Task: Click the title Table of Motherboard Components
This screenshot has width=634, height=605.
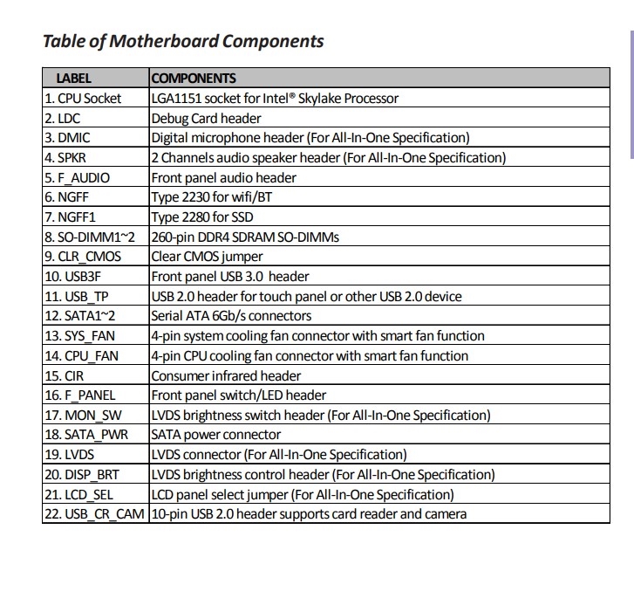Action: tap(183, 41)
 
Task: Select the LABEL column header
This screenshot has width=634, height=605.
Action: tap(73, 78)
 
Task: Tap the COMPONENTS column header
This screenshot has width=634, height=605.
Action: tap(194, 78)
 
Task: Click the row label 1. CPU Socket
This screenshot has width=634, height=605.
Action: tap(83, 98)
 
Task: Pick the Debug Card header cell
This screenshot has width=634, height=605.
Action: tap(206, 118)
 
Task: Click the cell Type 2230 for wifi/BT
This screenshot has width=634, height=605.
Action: tap(212, 197)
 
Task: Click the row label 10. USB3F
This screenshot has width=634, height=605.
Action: tap(72, 276)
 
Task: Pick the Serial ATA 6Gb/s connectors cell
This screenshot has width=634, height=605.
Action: tap(231, 315)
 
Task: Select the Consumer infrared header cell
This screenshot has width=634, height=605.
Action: tap(226, 375)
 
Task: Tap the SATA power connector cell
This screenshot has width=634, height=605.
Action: tap(216, 434)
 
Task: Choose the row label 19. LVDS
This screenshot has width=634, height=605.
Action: tap(69, 454)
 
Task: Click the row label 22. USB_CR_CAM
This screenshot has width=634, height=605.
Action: tap(94, 513)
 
